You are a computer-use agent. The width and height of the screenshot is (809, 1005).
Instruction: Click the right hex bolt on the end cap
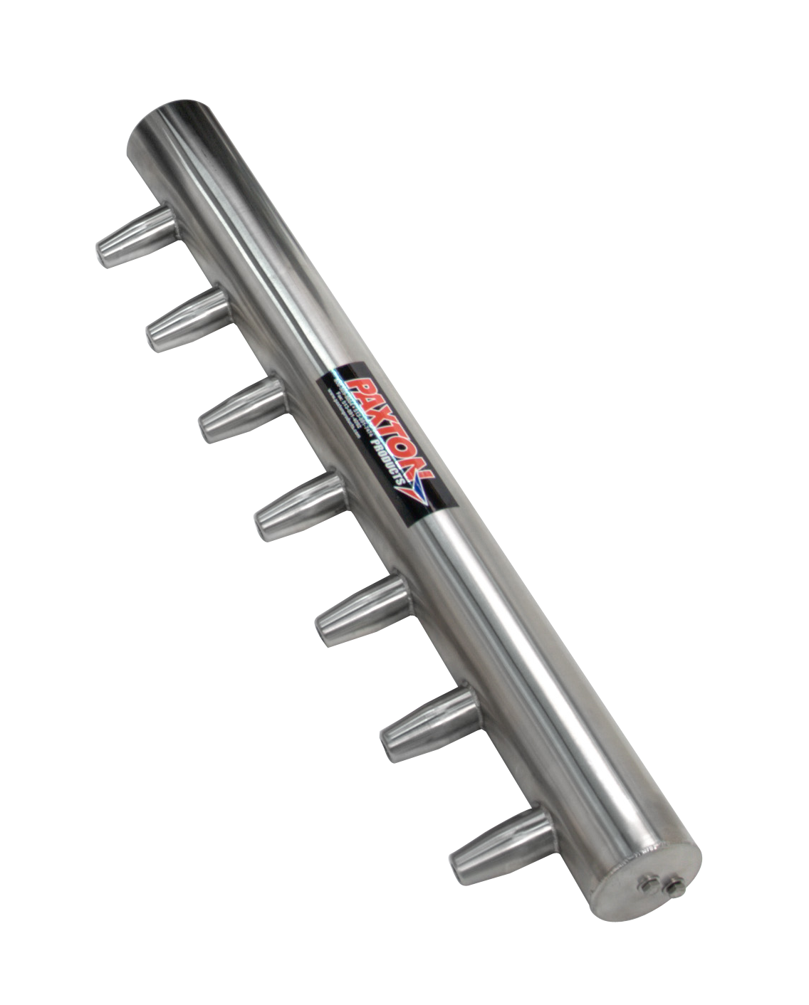click(672, 887)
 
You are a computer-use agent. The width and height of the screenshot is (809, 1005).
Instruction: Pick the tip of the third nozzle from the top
click(207, 430)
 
